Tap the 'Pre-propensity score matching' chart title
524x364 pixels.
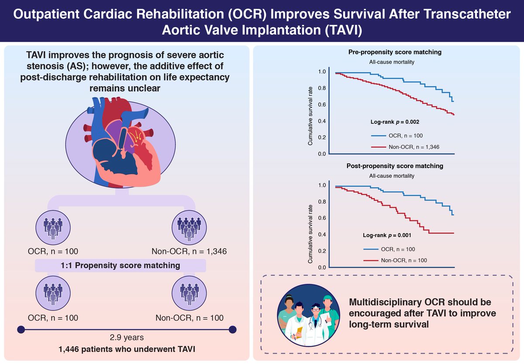tap(395, 52)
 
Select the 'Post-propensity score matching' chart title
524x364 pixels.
tap(395, 166)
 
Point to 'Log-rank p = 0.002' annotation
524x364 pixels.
tap(395, 122)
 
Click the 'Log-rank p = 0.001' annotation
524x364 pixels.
tap(387, 235)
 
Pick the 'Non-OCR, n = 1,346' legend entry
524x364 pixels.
tap(405, 147)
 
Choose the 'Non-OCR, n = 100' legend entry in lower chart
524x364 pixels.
tap(395, 261)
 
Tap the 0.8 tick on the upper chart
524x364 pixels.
tap(322, 88)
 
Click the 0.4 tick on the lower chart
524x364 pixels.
tap(322, 234)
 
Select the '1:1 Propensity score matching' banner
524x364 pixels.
tap(121, 265)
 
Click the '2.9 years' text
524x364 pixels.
tap(127, 337)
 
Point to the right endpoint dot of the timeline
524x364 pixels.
tap(232, 330)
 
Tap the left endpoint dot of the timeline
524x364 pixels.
tap(21, 330)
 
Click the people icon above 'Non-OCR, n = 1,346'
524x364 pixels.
tap(189, 227)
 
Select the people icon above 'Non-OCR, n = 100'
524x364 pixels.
tap(189, 293)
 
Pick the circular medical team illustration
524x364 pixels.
tap(309, 315)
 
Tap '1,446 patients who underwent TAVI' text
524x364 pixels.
tap(127, 349)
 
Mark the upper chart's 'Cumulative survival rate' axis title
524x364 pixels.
tap(310, 116)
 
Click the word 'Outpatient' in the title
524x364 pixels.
tap(46, 14)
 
